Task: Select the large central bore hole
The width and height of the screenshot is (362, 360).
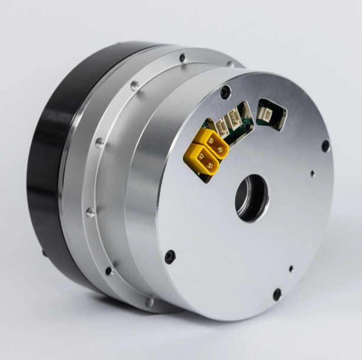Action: click(252, 197)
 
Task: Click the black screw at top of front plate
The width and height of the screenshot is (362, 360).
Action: click(226, 92)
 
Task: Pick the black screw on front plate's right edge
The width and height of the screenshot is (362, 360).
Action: click(325, 145)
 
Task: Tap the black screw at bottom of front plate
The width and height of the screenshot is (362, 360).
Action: click(276, 294)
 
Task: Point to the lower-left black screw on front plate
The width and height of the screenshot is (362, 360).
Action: click(170, 256)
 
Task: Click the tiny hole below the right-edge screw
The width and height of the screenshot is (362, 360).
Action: click(313, 174)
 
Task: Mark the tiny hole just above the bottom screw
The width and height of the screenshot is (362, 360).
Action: click(291, 268)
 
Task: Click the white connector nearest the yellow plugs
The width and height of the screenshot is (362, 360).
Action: click(224, 125)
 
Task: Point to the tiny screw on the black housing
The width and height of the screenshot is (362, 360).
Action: click(44, 252)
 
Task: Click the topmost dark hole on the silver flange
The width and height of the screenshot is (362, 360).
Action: click(182, 58)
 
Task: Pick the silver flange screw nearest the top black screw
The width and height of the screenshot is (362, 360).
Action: click(230, 64)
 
